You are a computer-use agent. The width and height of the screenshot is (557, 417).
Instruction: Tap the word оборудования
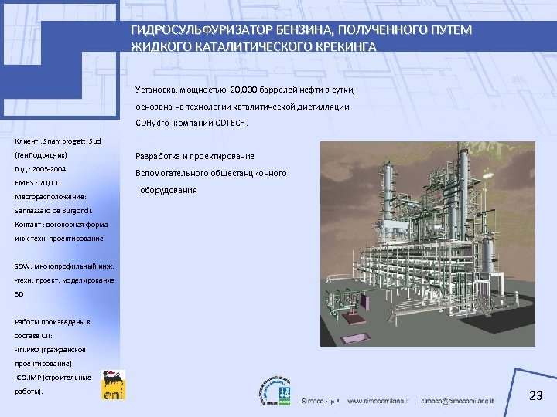[169, 190]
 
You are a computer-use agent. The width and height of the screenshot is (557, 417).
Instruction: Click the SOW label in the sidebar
[22, 266]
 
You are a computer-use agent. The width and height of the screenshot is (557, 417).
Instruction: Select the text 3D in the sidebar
[19, 294]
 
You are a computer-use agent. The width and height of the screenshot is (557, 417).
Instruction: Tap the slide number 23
[535, 395]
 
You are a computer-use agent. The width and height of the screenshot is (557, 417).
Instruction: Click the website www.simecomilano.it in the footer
[379, 402]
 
